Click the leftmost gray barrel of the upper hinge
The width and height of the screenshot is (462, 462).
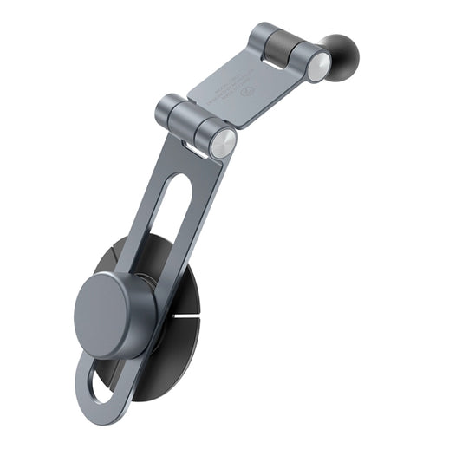pyautogui.click(x=262, y=36)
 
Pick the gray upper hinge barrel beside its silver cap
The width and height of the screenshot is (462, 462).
pyautogui.click(x=301, y=56)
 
